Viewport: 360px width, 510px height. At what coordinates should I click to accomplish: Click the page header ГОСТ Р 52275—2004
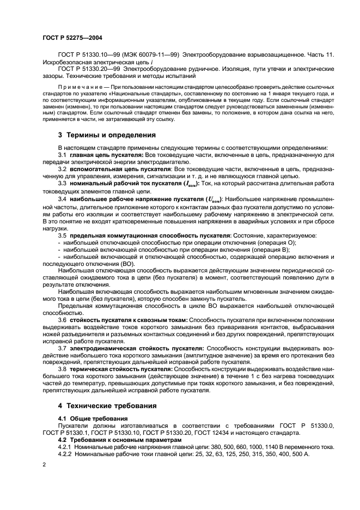coord(72,38)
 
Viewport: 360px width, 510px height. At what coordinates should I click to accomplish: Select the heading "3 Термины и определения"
coord(102,135)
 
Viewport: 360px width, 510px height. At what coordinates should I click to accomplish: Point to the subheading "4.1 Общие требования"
coord(89,418)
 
